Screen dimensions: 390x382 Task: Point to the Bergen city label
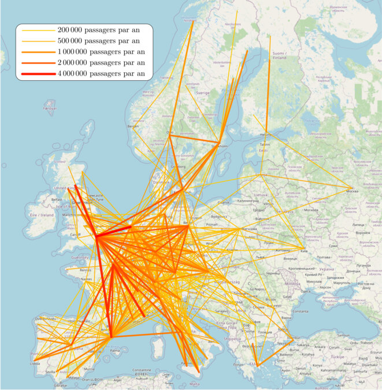(133, 126)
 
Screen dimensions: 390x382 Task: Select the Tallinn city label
(265, 144)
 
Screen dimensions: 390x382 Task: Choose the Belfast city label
(56, 199)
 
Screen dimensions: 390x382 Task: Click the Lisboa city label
(35, 364)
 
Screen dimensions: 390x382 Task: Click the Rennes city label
(86, 269)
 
